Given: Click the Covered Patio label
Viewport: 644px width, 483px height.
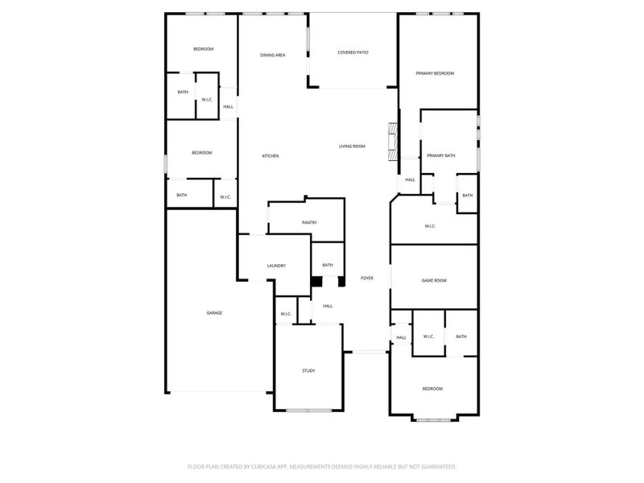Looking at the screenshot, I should click(352, 52).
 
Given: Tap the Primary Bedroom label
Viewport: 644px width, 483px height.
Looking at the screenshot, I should click(435, 73).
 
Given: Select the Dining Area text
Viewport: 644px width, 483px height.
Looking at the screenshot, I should click(273, 55).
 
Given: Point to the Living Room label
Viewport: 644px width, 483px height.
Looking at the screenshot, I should click(352, 146).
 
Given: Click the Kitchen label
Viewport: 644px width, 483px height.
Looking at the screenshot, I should click(270, 155).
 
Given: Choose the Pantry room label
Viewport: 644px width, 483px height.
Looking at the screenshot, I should click(309, 222).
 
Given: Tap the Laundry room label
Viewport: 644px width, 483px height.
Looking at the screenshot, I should click(276, 266).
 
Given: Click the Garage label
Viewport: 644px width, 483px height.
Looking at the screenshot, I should click(214, 312).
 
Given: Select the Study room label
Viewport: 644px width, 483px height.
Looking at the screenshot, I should click(308, 370).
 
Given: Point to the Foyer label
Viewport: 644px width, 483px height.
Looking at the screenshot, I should click(366, 278).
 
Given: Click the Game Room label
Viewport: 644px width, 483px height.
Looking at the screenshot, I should click(434, 280).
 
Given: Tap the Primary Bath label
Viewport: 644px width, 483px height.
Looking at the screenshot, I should click(440, 155).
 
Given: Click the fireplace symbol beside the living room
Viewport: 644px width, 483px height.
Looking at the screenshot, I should click(393, 141).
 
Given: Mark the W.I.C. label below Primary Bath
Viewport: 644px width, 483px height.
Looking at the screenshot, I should click(430, 225).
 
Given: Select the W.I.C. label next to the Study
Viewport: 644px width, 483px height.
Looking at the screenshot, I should click(286, 313).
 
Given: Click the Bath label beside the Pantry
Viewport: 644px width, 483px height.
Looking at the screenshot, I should click(328, 265).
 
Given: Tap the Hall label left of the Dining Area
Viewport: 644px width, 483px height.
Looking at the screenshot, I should click(229, 106).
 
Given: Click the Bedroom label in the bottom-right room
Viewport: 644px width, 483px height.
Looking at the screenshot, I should click(432, 389).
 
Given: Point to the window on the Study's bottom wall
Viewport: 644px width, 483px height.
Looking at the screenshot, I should click(309, 411).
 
